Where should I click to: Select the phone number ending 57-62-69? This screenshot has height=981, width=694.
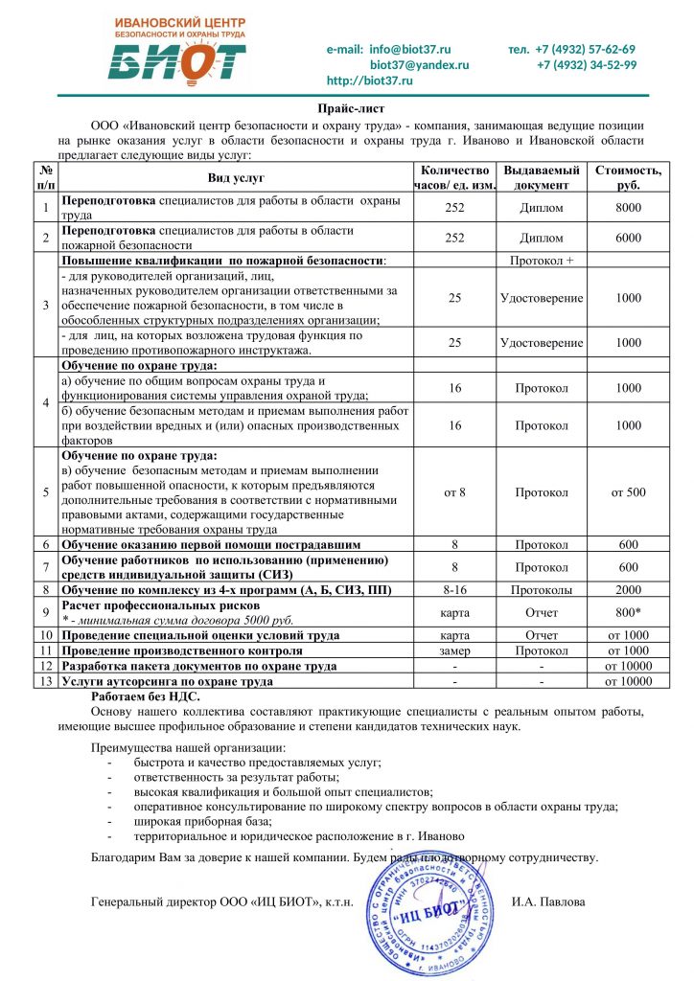tap(585, 49)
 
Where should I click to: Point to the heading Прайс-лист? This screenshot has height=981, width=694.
tap(347, 111)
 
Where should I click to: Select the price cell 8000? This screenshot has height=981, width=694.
tap(628, 207)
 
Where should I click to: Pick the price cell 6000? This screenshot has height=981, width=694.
tap(628, 238)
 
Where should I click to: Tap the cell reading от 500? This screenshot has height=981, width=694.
tap(628, 492)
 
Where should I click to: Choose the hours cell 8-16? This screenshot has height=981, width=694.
tap(454, 589)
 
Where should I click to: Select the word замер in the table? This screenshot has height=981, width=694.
tap(454, 650)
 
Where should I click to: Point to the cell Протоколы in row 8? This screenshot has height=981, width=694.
tap(542, 589)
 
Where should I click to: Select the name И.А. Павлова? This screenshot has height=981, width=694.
tap(548, 901)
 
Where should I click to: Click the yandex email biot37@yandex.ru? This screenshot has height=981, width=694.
tap(419, 64)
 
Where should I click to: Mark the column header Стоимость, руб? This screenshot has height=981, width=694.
tap(628, 177)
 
